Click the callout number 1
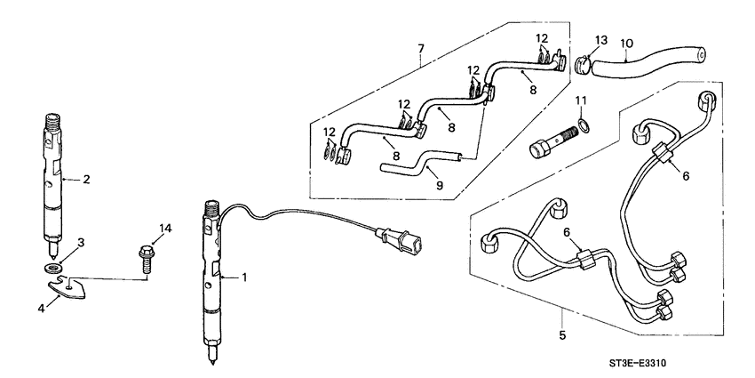[x=245, y=277]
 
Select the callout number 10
[x=627, y=43]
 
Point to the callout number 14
[x=163, y=229]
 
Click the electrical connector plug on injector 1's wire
[x=401, y=239]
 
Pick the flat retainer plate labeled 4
[x=71, y=287]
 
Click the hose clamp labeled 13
[x=580, y=63]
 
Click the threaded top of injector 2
[x=51, y=120]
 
